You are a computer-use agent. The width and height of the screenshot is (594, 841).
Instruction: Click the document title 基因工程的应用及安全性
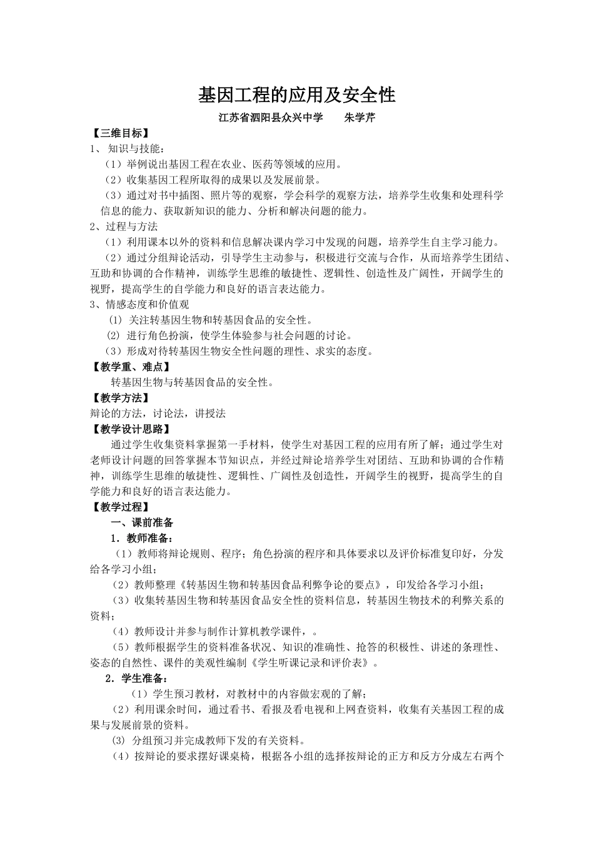pos(296,95)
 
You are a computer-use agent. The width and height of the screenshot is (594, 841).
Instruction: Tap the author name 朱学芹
pos(360,118)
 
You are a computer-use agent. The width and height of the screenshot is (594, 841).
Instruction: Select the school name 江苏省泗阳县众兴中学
pos(271,118)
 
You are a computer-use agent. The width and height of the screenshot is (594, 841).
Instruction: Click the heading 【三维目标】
pos(120,133)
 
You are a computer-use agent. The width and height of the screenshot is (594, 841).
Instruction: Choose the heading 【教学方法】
pos(120,398)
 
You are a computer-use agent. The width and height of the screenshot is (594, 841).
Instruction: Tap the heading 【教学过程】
pos(120,507)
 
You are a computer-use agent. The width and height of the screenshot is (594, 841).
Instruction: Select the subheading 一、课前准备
pos(142,522)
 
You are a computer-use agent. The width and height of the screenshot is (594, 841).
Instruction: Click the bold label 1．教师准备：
pos(141,538)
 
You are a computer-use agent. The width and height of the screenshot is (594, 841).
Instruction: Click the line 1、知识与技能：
pos(128,149)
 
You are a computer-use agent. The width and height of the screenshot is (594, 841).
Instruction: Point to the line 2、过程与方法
pos(124,227)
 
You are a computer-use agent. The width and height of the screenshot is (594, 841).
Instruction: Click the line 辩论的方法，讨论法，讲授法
pos(158,414)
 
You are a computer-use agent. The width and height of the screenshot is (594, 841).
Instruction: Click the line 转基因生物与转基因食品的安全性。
pos(192,382)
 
